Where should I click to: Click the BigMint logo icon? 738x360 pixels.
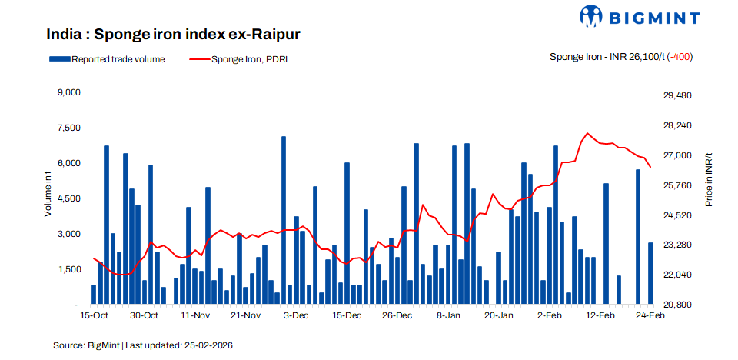coord(593,17)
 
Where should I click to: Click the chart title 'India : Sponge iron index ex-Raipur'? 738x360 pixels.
coord(172,35)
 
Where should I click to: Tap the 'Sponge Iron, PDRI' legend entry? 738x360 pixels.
coord(239,58)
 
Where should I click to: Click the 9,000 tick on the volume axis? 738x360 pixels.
coord(69,93)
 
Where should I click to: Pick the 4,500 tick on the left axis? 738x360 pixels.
coord(69,198)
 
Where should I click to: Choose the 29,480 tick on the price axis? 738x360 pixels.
coord(677,95)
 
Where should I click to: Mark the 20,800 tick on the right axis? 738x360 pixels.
coord(677,305)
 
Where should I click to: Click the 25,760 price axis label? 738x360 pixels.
coord(677,185)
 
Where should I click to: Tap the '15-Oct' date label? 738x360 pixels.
coord(93,316)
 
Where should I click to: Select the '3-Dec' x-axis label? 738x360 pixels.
coord(296,316)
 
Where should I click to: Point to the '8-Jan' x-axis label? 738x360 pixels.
coord(448,316)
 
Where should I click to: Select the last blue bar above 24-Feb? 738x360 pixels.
coord(650,273)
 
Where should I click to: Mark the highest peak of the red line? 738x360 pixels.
coord(587,133)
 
